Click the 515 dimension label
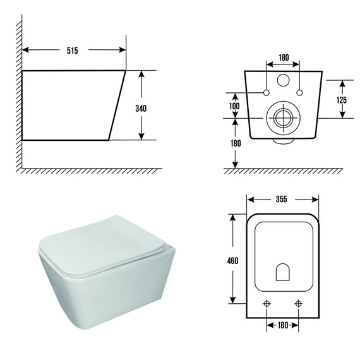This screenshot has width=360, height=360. pos(73,51)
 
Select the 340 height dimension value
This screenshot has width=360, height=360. pos(141,109)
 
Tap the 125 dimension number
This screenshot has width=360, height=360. pos(342,100)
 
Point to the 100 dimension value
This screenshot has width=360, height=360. pos(234,106)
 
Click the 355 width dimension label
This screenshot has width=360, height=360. pos(282,199)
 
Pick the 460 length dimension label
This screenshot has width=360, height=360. pos(232,261)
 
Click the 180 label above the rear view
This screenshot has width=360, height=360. pos(284,57)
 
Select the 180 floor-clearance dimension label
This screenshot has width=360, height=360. pos(236,143)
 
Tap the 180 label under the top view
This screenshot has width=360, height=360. pos(282,325)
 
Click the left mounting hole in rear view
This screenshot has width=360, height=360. pos(267,93)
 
